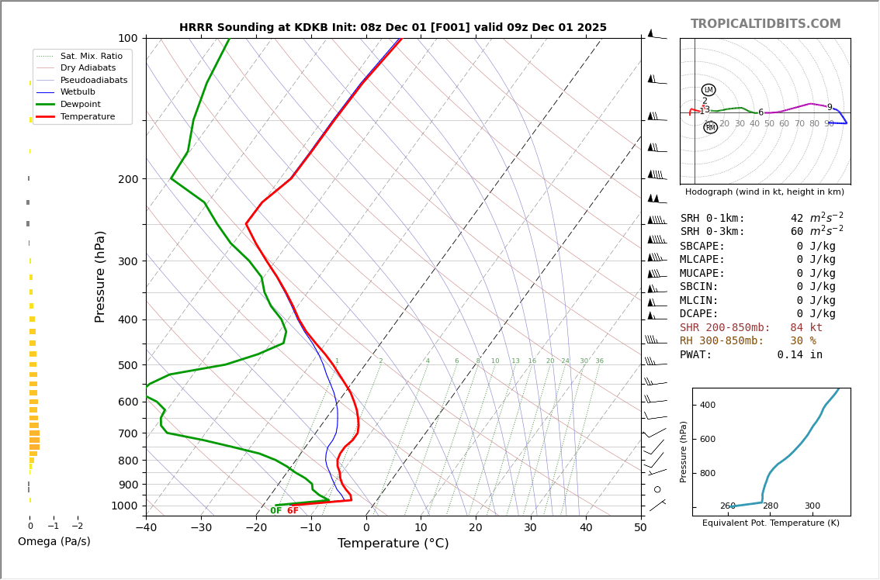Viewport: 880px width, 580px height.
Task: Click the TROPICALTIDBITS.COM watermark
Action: [x=765, y=24]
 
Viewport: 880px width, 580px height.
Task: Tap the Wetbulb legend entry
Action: [x=78, y=92]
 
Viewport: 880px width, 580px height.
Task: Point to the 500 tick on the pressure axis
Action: [x=127, y=365]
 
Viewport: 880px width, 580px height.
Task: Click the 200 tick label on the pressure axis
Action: [x=127, y=179]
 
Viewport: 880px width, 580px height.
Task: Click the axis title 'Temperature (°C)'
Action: [x=393, y=544]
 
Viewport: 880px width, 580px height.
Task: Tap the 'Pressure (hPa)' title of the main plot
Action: [x=100, y=276]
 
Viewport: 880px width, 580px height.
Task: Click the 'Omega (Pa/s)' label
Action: [x=54, y=542]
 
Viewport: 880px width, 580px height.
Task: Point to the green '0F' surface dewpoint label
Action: [x=276, y=511]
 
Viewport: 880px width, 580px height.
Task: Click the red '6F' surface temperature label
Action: [x=293, y=511]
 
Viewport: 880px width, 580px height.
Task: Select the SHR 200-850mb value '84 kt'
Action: [x=806, y=328]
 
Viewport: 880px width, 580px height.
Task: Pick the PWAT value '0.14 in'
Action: [x=799, y=355]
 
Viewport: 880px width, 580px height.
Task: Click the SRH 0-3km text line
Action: [x=761, y=232]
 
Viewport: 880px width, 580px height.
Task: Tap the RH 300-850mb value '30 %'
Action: [x=803, y=341]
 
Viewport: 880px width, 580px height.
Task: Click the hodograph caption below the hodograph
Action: [x=764, y=192]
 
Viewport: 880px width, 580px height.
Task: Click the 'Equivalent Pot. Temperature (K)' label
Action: [x=771, y=523]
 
